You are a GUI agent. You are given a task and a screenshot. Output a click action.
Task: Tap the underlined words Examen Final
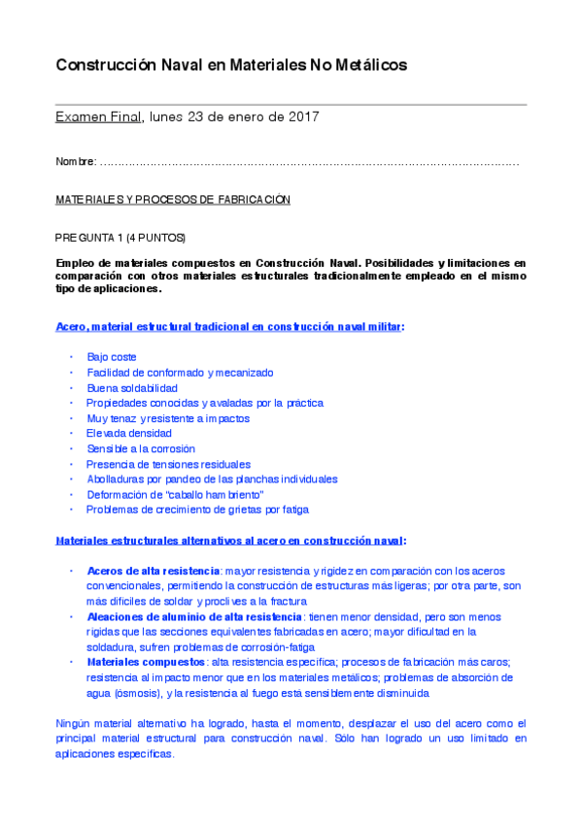98,117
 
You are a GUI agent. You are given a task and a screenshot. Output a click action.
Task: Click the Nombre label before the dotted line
75,161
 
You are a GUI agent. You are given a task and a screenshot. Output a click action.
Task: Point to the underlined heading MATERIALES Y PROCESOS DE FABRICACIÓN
173,199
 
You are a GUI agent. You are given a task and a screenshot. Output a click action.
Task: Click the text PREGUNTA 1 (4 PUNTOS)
120,238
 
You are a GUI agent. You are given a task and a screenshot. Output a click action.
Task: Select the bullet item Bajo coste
112,357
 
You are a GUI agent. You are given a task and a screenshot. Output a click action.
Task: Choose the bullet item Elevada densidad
129,434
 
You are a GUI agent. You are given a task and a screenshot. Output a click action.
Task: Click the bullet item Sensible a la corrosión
141,449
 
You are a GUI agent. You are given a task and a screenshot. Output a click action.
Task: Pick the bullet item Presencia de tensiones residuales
168,465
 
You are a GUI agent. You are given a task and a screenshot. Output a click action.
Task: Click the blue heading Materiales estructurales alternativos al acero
229,541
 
